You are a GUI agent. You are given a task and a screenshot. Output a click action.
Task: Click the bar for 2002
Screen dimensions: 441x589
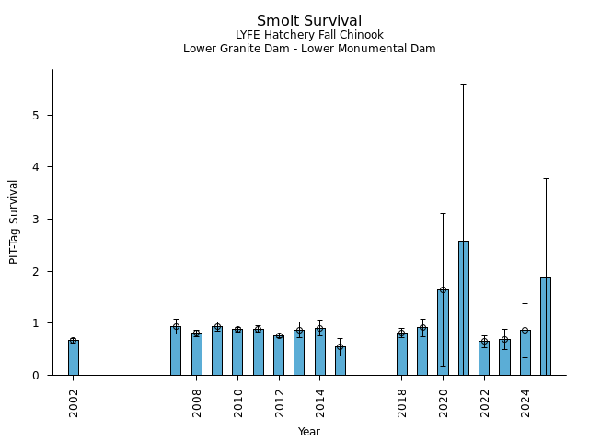pos(74,357)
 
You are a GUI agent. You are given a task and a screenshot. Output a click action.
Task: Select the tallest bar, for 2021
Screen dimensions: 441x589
pos(464,308)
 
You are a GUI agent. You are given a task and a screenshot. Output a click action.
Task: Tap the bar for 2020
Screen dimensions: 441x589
pos(443,333)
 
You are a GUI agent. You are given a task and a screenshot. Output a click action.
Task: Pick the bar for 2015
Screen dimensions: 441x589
pos(341,361)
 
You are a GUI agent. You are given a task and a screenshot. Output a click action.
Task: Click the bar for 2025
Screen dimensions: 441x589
pos(546,326)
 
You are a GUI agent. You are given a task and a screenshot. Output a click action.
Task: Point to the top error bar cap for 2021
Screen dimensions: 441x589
pos(464,84)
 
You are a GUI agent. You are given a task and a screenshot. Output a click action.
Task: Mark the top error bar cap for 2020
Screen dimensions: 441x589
pos(443,213)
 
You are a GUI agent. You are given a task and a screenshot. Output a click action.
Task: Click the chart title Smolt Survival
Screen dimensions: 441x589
pos(309,20)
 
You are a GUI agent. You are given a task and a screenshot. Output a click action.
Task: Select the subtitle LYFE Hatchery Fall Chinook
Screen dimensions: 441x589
pos(309,35)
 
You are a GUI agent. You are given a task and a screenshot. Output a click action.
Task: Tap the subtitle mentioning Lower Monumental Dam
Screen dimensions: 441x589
pos(309,49)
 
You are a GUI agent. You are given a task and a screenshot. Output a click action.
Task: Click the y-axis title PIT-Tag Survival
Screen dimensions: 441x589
pos(14,221)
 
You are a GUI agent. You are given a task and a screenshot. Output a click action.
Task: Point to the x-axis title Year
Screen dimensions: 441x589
pos(309,431)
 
